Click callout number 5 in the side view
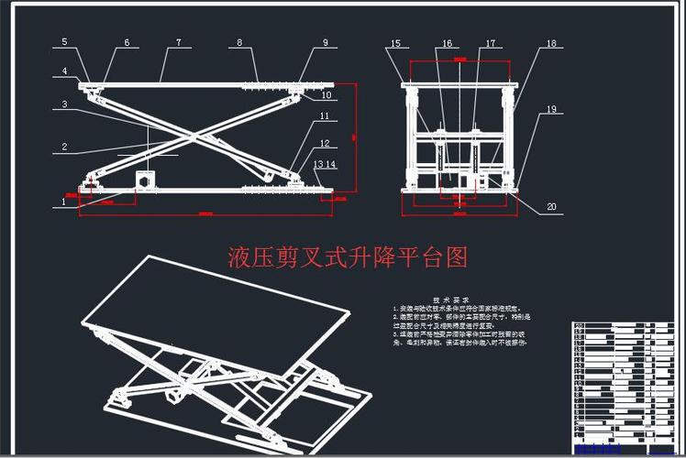[64, 42]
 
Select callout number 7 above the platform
[178, 42]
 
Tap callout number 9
[325, 42]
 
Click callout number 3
[64, 104]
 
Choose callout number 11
[324, 117]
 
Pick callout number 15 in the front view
[395, 43]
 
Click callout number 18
[551, 43]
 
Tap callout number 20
[551, 207]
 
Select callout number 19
[551, 110]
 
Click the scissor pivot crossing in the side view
[194, 136]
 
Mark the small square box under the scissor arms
[144, 180]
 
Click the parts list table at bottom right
[623, 380]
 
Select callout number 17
[490, 43]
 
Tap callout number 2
[64, 146]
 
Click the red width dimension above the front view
[459, 60]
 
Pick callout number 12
[324, 143]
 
